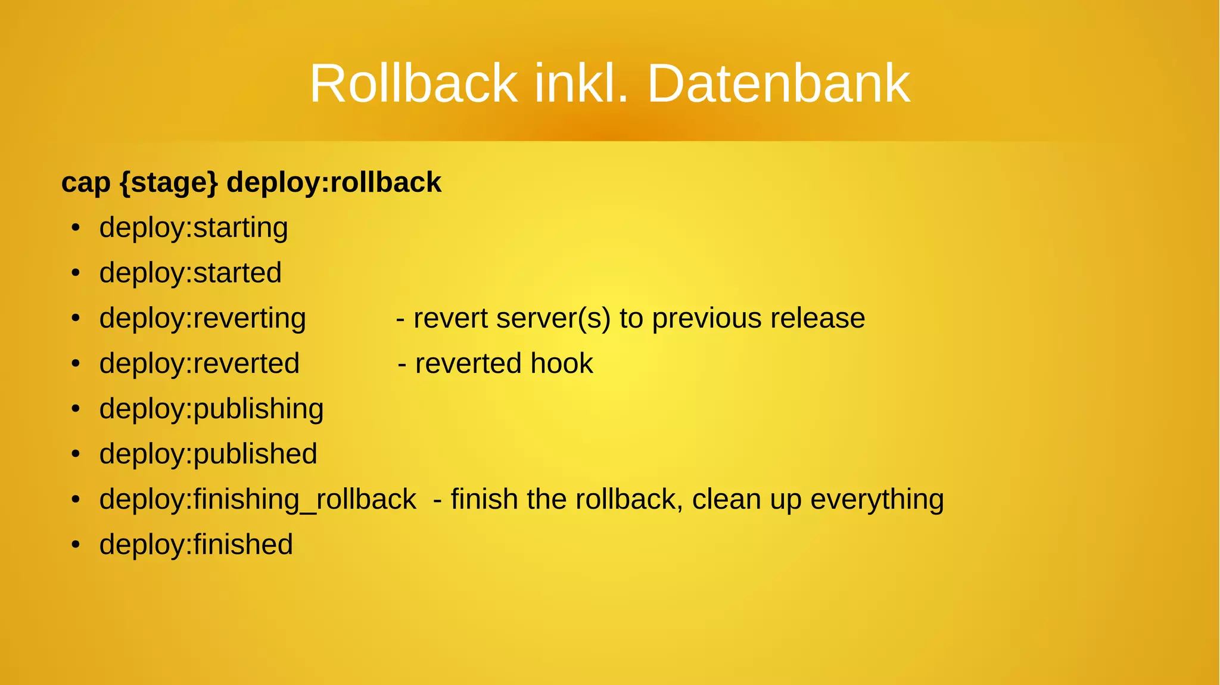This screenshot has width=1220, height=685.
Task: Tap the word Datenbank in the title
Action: pyautogui.click(x=778, y=84)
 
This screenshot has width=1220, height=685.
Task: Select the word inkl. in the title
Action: pyautogui.click(x=581, y=84)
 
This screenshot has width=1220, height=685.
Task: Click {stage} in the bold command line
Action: pyautogui.click(x=169, y=183)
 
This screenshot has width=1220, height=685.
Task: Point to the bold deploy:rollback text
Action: pyautogui.click(x=334, y=183)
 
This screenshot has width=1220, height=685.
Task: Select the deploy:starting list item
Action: pyautogui.click(x=194, y=228)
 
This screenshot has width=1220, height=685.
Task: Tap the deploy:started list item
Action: pyautogui.click(x=190, y=273)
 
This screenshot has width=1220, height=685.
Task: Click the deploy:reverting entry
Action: pyautogui.click(x=203, y=319)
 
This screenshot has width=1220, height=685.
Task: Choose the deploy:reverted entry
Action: pyautogui.click(x=200, y=364)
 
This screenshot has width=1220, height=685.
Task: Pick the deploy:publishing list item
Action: pyautogui.click(x=211, y=409)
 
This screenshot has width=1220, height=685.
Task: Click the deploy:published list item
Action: pyautogui.click(x=208, y=454)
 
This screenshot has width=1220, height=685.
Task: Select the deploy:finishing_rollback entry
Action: pyautogui.click(x=257, y=500)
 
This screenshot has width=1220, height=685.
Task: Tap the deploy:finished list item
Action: pyautogui.click(x=196, y=545)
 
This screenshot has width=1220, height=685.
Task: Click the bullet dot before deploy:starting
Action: pyautogui.click(x=75, y=228)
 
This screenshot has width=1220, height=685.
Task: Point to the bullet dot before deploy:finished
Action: pyautogui.click(x=75, y=545)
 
